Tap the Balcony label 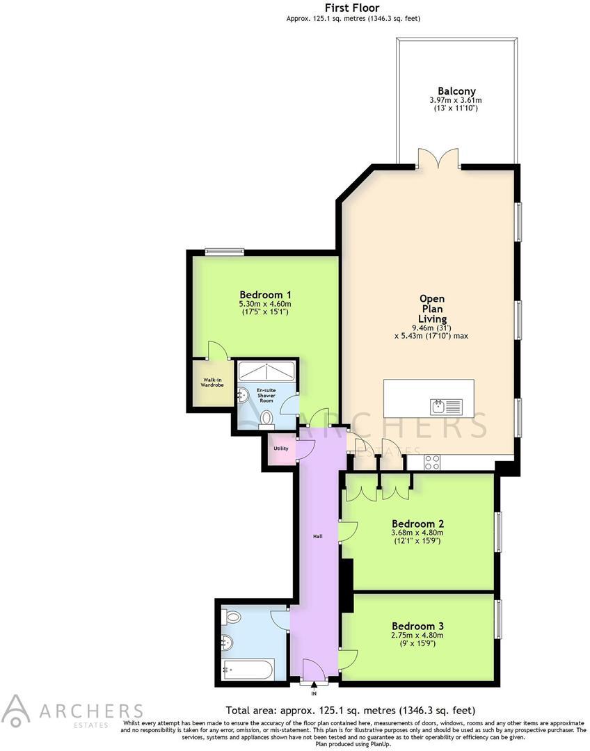pos(456,90)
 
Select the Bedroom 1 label pos(265,293)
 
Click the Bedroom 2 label pos(417,523)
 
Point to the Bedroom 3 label pos(417,625)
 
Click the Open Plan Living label pos(431,309)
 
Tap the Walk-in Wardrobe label pos(212,382)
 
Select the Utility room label pos(281,449)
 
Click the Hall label pos(317,536)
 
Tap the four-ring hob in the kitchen pos(431,460)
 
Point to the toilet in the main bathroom pos(234,616)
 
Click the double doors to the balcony pos(438,160)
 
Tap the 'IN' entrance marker pos(314,693)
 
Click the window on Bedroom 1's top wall pos(224,252)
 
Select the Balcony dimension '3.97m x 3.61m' pos(456,100)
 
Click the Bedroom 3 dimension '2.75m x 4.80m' pos(417,635)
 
